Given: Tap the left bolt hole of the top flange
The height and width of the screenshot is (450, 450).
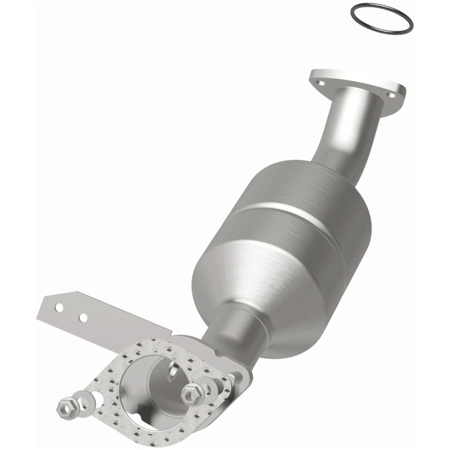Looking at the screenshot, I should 321,83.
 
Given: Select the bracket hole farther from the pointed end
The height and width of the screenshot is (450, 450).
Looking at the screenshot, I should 83,318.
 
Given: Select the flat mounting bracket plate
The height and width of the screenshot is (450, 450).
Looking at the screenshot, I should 112,326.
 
